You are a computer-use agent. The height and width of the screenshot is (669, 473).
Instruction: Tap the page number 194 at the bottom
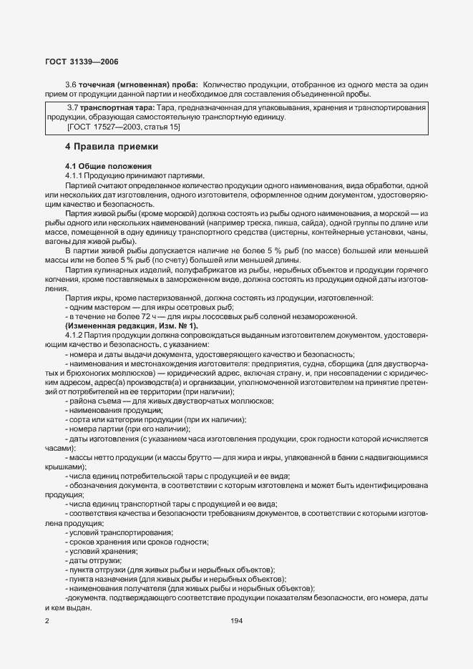click(x=237, y=620)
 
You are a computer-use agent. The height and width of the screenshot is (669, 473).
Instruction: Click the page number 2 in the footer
click(x=47, y=620)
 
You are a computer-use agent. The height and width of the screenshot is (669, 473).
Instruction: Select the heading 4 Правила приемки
click(x=111, y=147)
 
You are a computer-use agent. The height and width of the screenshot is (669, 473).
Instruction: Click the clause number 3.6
click(x=71, y=84)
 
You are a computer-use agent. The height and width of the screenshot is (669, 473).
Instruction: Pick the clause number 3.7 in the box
click(x=72, y=107)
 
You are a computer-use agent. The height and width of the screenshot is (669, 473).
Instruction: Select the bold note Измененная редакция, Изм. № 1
click(x=121, y=326)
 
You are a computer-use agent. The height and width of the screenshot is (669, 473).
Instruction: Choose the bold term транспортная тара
click(x=116, y=107)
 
